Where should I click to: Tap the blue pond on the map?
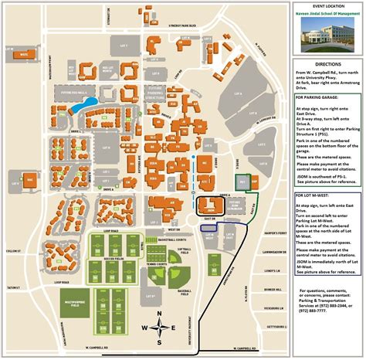point(89,103)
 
